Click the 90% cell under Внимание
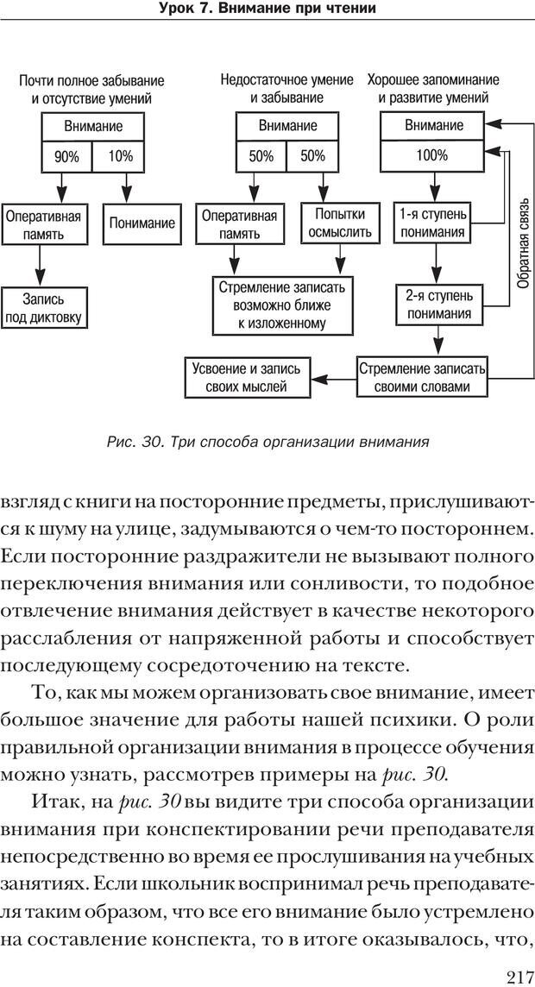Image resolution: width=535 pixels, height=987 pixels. [x=66, y=157]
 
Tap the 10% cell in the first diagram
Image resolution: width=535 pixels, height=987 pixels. [x=121, y=157]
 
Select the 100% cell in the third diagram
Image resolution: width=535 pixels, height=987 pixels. [x=431, y=156]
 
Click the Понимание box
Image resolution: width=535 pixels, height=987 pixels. [x=142, y=223]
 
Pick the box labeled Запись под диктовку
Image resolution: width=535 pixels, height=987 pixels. [x=42, y=308]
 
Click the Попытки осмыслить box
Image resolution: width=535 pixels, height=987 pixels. [x=339, y=223]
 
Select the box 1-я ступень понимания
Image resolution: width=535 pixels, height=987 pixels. [x=432, y=223]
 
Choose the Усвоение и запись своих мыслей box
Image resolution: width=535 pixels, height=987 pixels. [x=248, y=378]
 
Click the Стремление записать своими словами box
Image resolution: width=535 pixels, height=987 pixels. [x=423, y=378]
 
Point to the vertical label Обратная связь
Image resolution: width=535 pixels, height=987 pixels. [x=522, y=250]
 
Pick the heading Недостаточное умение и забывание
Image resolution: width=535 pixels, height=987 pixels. [x=286, y=89]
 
